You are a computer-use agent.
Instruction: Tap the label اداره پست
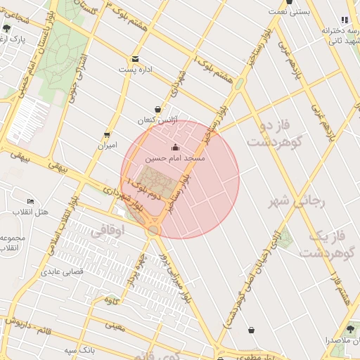(x=135, y=70)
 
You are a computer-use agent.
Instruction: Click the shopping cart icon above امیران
(x=106, y=135)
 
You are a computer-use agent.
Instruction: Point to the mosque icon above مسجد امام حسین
(x=175, y=148)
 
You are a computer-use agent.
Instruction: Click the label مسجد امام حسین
(x=175, y=160)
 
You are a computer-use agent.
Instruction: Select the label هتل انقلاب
(x=30, y=212)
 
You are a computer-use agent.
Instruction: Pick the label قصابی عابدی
(x=63, y=271)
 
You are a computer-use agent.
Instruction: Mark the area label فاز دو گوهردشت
(x=274, y=134)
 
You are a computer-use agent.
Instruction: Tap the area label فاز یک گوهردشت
(x=330, y=243)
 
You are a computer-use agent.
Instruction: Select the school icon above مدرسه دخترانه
(x=345, y=20)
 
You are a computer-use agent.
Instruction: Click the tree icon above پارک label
(x=7, y=28)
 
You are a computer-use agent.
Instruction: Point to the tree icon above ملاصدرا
(x=352, y=328)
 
